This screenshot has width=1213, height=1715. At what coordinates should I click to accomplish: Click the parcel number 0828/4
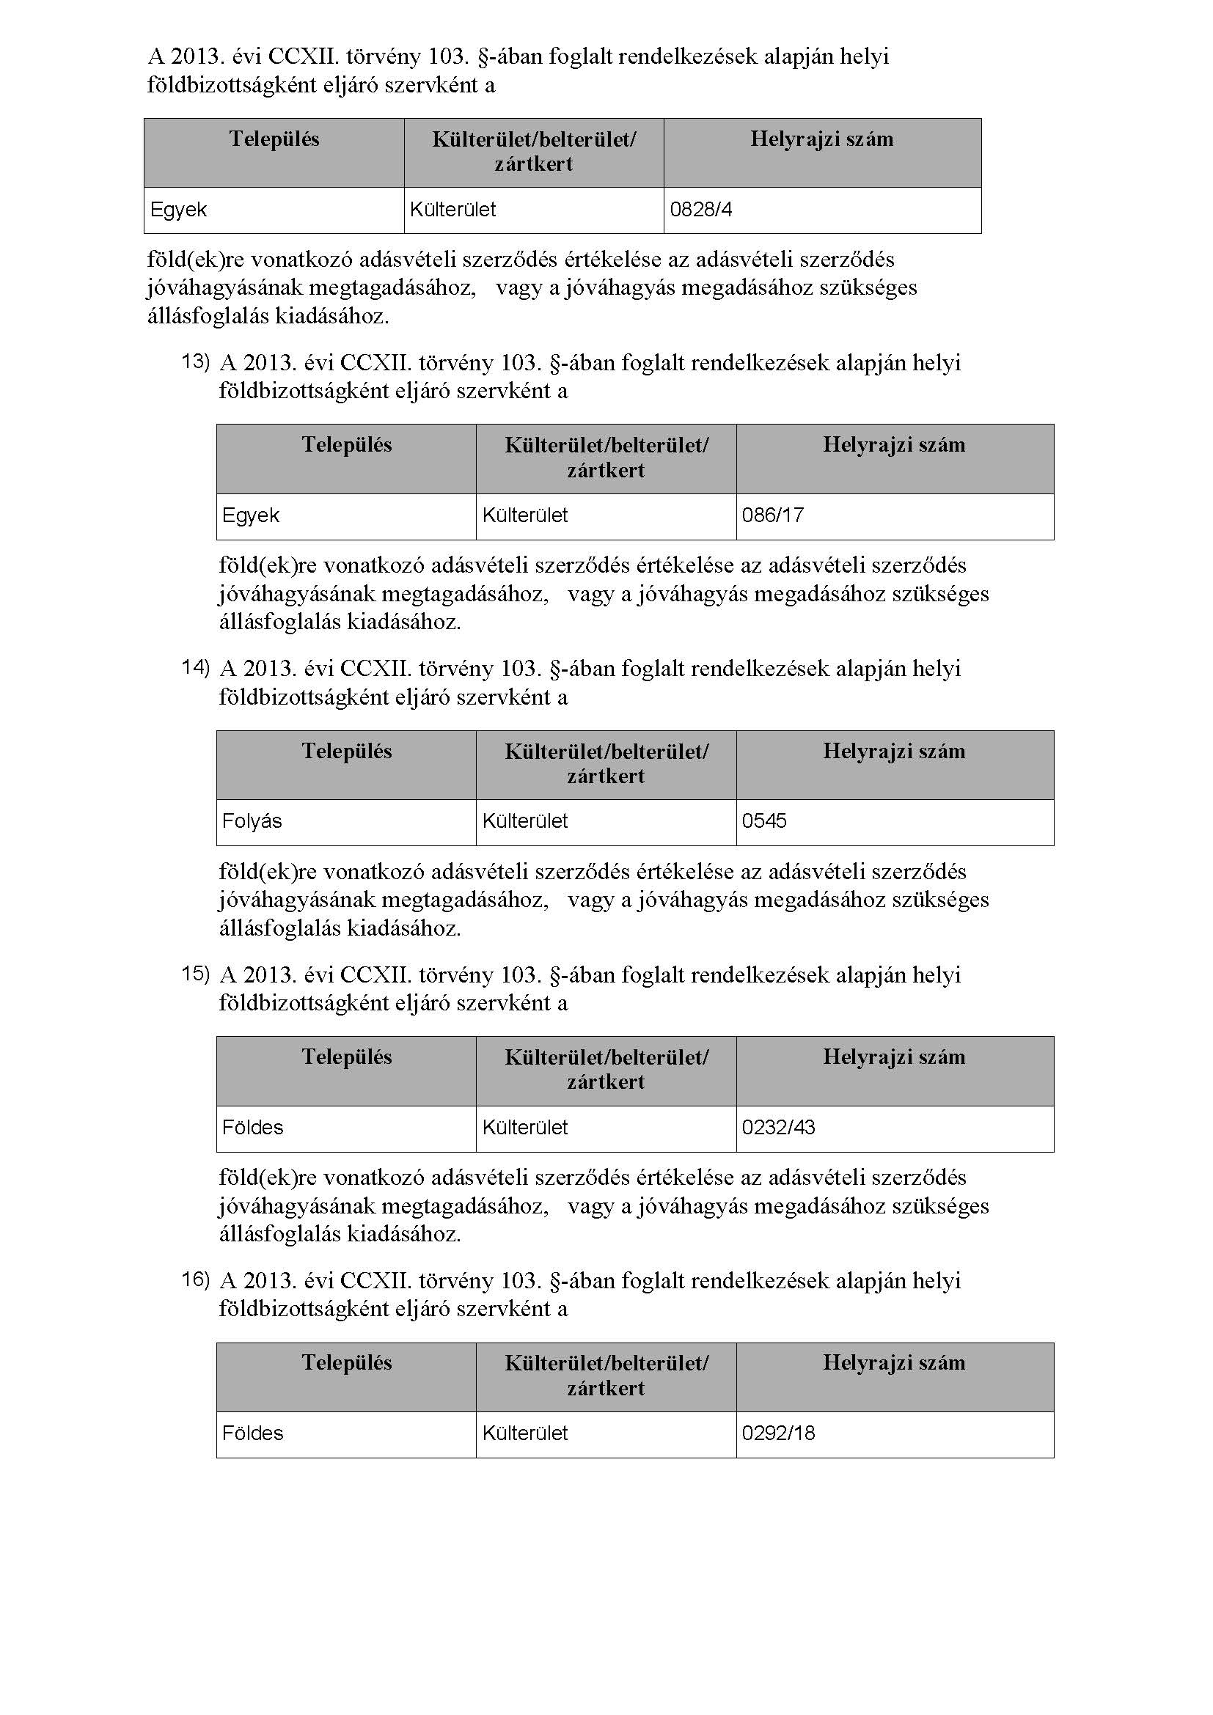pos(700,210)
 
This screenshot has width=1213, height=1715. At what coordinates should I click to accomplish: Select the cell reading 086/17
pos(772,515)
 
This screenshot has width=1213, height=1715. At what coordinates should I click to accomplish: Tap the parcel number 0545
pos(764,822)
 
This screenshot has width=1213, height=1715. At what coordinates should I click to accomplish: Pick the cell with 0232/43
pos(778,1127)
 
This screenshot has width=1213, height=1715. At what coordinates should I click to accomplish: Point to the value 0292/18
pos(778,1433)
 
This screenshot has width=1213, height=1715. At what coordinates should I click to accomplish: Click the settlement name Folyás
pos(252,822)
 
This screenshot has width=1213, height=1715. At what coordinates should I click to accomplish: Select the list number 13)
pos(196,362)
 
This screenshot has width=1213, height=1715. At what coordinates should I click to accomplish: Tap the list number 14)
pos(196,668)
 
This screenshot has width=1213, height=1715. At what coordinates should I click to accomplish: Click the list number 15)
pos(196,974)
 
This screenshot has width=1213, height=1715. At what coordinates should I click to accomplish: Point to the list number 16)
pos(196,1279)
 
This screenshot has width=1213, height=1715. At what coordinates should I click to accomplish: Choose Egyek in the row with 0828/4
pos(178,210)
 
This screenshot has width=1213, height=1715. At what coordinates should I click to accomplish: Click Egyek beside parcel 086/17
pos(250,515)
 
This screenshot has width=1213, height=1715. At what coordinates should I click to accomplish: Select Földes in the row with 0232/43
pos(252,1127)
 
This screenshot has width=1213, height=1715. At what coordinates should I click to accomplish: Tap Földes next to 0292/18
pos(252,1433)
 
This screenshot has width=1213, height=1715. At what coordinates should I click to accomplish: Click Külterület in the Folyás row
pos(525,822)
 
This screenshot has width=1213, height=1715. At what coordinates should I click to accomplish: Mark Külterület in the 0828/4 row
pos(452,210)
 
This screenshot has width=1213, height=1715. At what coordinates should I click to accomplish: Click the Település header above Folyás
pos(347,752)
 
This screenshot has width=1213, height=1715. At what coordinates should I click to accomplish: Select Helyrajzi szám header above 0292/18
pos(894,1363)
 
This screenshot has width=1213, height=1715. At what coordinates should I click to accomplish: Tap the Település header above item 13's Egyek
pos(347,445)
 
